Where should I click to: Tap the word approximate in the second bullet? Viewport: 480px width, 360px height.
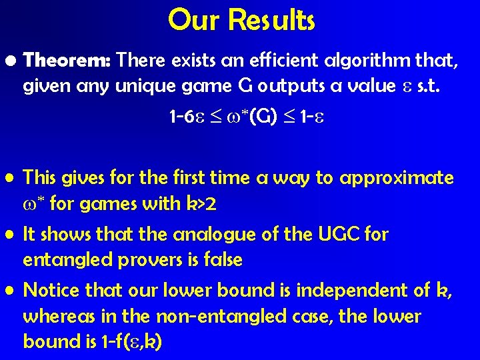pyautogui.click(x=397, y=179)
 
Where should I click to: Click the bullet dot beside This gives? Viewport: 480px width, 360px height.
pyautogui.click(x=10, y=179)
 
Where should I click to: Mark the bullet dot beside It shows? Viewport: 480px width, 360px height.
pyautogui.click(x=10, y=235)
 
